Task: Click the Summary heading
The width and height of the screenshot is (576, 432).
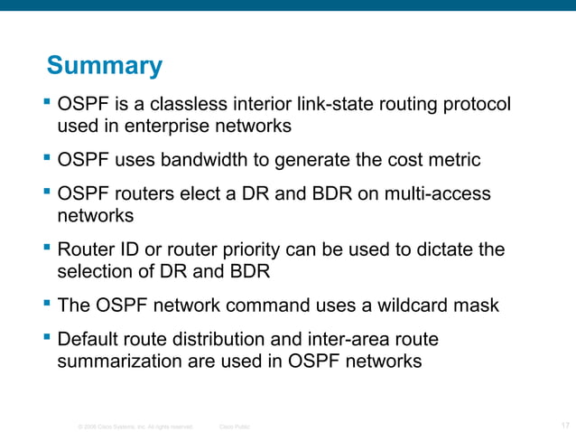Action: pos(104,66)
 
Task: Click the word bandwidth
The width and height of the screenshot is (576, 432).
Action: pos(200,161)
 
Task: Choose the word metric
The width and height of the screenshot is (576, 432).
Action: pos(452,161)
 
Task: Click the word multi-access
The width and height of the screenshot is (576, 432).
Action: pos(437,195)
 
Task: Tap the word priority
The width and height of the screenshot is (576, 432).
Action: pos(280,249)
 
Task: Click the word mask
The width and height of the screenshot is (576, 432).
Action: pos(478,305)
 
